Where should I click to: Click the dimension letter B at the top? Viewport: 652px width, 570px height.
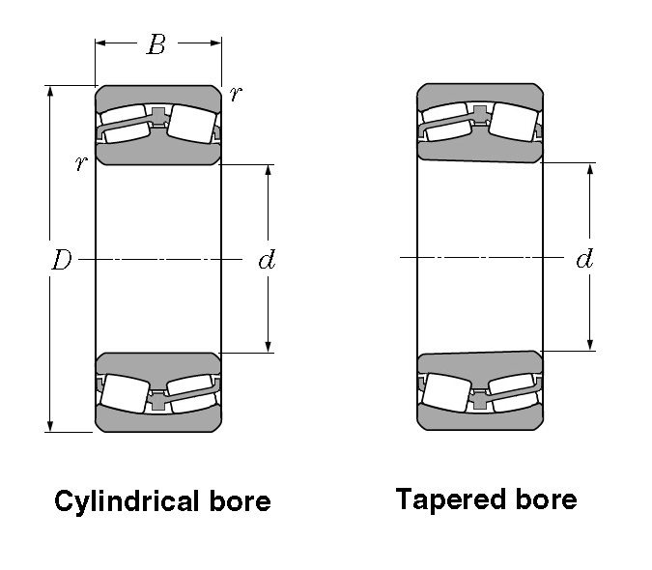pyautogui.click(x=156, y=43)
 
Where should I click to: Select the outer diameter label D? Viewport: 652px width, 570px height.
pyautogui.click(x=61, y=260)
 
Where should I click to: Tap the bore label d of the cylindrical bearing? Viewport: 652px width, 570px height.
pyautogui.click(x=267, y=260)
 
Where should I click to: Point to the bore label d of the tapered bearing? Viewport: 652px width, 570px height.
pyautogui.click(x=584, y=259)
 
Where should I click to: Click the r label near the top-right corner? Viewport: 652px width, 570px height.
pyautogui.click(x=236, y=93)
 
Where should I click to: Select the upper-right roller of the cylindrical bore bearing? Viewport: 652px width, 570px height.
pyautogui.click(x=192, y=124)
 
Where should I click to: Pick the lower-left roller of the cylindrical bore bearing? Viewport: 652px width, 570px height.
pyautogui.click(x=125, y=393)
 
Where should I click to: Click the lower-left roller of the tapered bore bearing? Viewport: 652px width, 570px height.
pyautogui.click(x=446, y=393)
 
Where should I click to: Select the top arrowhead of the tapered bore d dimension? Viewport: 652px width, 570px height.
pyautogui.click(x=590, y=170)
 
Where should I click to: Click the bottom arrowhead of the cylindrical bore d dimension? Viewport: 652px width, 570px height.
pyautogui.click(x=269, y=347)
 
